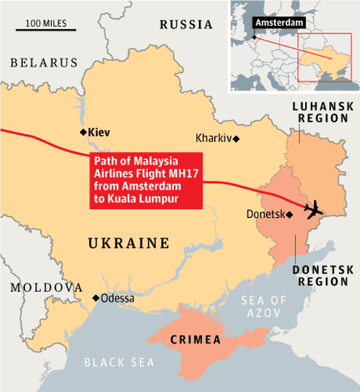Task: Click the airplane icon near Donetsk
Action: pyautogui.click(x=313, y=209)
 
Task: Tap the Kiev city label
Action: pyautogui.click(x=99, y=132)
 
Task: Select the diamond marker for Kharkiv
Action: pyautogui.click(x=236, y=138)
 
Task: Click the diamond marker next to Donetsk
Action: pyautogui.click(x=290, y=215)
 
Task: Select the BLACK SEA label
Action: pyautogui.click(x=120, y=362)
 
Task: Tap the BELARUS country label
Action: pyautogui.click(x=43, y=62)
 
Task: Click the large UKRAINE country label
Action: pyautogui.click(x=129, y=243)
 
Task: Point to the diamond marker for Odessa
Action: pyautogui.click(x=95, y=298)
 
